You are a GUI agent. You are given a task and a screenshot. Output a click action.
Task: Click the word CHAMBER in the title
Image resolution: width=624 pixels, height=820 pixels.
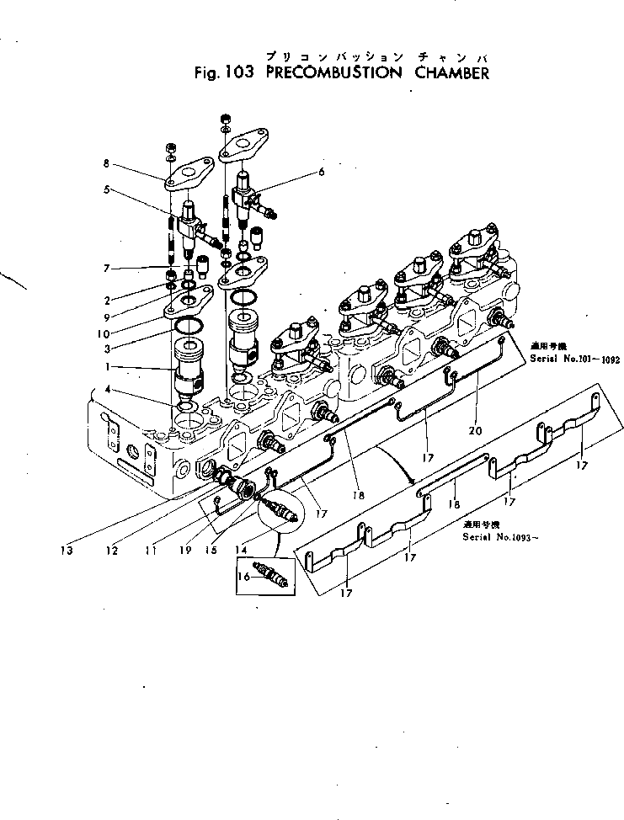(452, 72)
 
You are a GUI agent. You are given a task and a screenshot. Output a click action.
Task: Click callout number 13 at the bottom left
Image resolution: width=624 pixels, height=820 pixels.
(66, 551)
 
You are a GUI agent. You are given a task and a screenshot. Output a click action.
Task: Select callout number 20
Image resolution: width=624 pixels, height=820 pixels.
(476, 431)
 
